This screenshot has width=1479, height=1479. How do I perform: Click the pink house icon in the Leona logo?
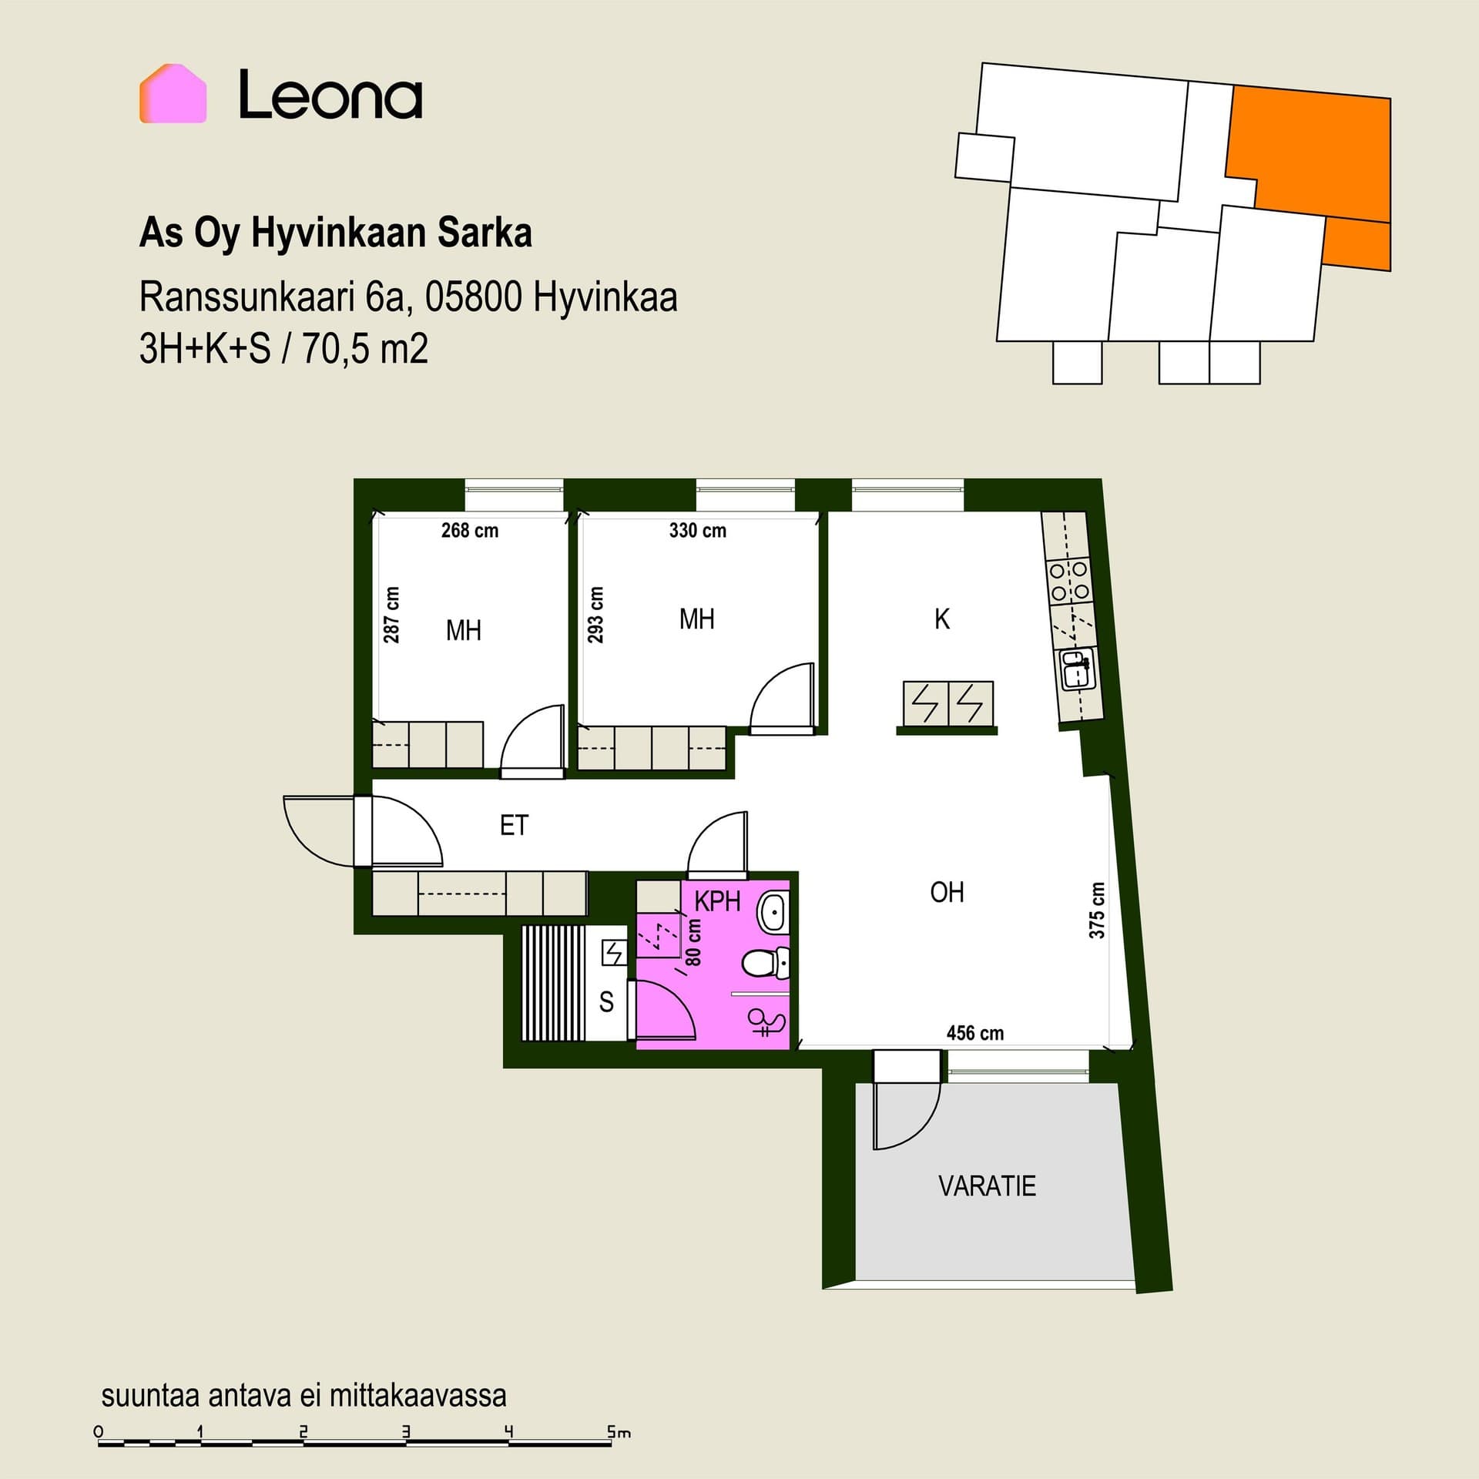click(x=173, y=93)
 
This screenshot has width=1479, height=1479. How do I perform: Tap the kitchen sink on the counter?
click(x=1077, y=669)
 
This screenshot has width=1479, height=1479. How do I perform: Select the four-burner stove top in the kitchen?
click(x=1069, y=581)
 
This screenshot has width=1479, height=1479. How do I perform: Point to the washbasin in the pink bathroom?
click(x=773, y=912)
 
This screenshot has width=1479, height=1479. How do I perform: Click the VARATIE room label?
click(x=987, y=1186)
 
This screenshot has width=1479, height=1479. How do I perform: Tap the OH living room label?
click(x=947, y=892)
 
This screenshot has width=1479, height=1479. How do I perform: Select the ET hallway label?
click(x=514, y=825)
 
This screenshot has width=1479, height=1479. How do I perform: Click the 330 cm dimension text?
click(x=697, y=530)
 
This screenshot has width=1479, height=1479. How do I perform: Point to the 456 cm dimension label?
click(x=974, y=1033)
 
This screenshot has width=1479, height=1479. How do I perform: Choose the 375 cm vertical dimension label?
click(x=1096, y=910)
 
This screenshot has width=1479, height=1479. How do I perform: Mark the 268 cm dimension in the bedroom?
click(x=469, y=530)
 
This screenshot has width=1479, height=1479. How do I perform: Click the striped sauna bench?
click(x=553, y=983)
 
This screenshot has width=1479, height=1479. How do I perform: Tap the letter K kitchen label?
click(x=941, y=619)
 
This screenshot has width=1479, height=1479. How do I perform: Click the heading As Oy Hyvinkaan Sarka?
click(x=335, y=233)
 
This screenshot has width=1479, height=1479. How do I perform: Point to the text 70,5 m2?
click(x=364, y=348)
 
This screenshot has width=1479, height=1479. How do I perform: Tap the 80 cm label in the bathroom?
click(x=693, y=941)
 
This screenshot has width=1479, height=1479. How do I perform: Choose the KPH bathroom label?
click(x=717, y=900)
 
